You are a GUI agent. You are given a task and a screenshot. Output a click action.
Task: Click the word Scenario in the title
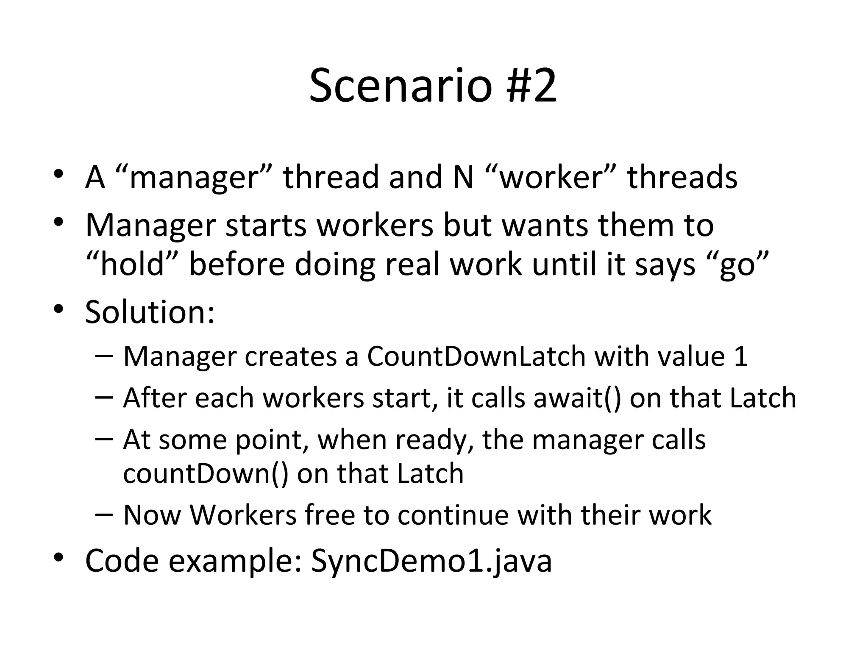(401, 86)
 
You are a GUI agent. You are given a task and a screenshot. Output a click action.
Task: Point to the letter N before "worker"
(463, 177)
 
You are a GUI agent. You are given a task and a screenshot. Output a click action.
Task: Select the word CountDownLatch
(476, 356)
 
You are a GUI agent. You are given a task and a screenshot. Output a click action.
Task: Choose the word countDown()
(206, 473)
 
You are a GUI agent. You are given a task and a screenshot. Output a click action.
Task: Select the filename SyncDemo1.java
(431, 561)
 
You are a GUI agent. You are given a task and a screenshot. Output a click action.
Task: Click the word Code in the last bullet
(122, 561)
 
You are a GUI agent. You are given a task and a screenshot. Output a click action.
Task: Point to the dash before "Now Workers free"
(104, 514)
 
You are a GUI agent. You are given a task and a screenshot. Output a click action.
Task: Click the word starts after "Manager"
(266, 225)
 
